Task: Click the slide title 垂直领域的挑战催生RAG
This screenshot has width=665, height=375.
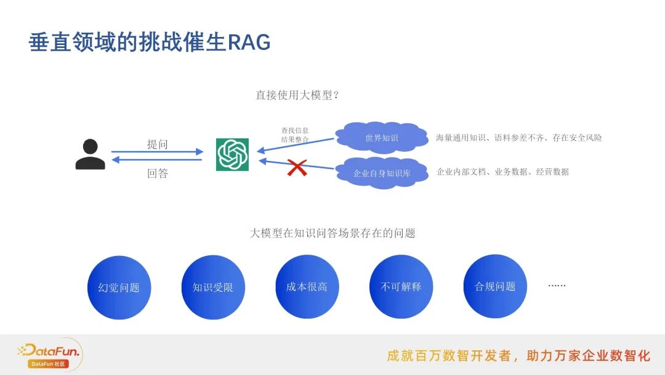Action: coord(150,43)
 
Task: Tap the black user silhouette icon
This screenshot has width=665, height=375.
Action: coord(90,154)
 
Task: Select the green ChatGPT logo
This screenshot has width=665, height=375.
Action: coord(232,154)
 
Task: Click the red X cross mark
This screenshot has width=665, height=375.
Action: coord(297,167)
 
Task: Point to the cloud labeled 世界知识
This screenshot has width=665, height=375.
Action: coord(382,138)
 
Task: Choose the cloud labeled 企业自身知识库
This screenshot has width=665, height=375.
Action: coord(382,173)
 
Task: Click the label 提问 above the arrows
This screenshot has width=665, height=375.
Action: coord(157,144)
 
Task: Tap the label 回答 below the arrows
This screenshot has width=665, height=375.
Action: coord(157,173)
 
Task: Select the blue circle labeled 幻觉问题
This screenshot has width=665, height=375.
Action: coord(119,287)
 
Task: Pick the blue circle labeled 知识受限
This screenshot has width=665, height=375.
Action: coord(213,287)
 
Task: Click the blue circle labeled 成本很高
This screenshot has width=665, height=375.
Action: coord(307,287)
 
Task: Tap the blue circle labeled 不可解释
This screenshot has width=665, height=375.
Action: coord(401,287)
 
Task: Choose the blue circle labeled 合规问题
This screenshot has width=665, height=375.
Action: coord(495,286)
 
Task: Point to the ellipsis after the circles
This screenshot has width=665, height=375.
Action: coord(557,286)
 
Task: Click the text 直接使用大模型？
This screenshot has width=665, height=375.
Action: coord(298,95)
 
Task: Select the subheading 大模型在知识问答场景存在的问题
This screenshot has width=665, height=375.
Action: coord(332,233)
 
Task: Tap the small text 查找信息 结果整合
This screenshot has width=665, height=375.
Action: coord(295,135)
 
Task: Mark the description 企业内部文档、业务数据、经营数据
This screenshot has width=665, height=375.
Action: coord(502,171)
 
